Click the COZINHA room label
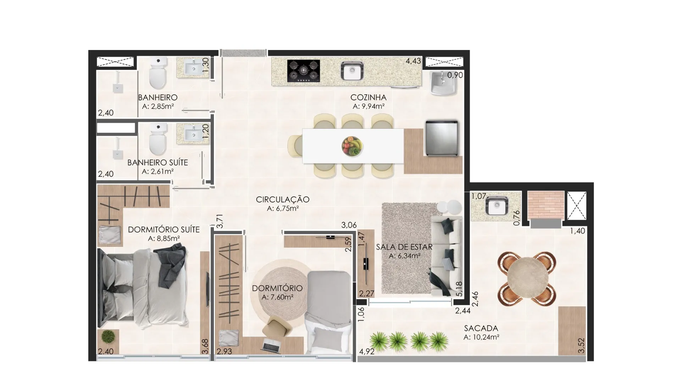pyautogui.click(x=368, y=97)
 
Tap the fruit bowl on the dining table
pyautogui.click(x=352, y=145)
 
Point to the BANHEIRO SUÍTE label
pyautogui.click(x=157, y=163)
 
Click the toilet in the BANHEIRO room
pyautogui.click(x=158, y=73)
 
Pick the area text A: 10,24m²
pyautogui.click(x=481, y=338)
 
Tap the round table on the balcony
pyautogui.click(x=526, y=278)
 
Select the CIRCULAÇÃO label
pyautogui.click(x=283, y=200)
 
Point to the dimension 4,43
pyautogui.click(x=413, y=61)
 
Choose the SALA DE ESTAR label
pyautogui.click(x=404, y=247)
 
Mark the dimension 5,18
pyautogui.click(x=460, y=289)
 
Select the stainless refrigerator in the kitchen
pyautogui.click(x=442, y=138)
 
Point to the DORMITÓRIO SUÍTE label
pyautogui.click(x=164, y=230)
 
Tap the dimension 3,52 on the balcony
pyautogui.click(x=581, y=346)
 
